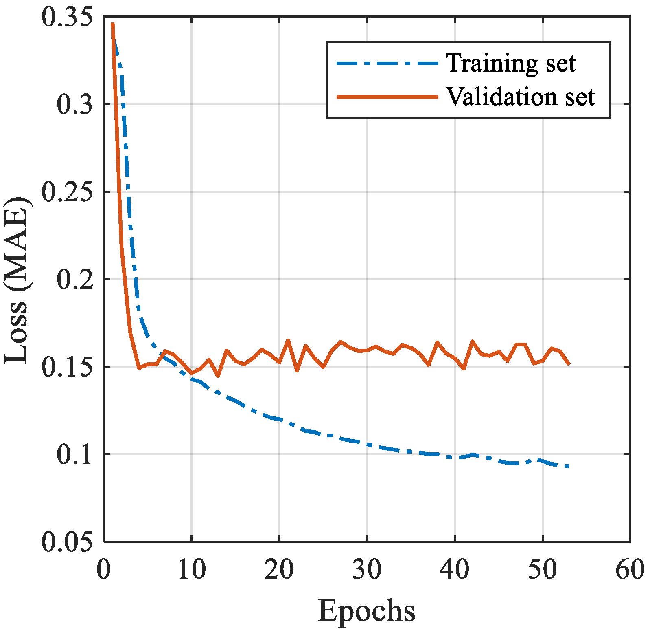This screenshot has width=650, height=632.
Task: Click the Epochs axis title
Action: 367,611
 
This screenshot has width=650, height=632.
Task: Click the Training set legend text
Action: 511,63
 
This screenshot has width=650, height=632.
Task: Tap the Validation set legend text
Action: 521,97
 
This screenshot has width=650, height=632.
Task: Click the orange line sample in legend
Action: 387,97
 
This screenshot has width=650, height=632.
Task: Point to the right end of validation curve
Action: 569,363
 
